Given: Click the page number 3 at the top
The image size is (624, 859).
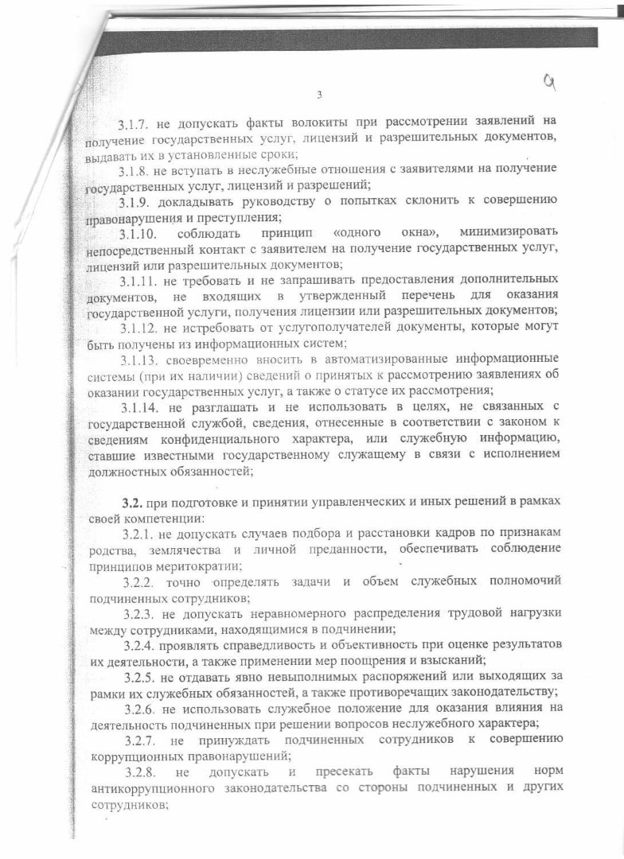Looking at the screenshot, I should pyautogui.click(x=318, y=95).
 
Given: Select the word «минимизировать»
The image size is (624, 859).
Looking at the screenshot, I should pyautogui.click(x=497, y=231).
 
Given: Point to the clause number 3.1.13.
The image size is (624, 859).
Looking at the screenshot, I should pyautogui.click(x=140, y=359).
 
